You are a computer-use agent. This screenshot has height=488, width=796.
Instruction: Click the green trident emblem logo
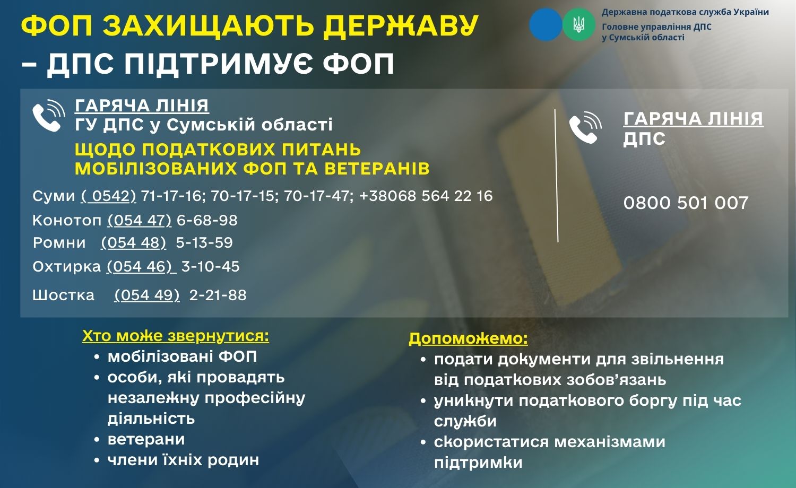[578, 24]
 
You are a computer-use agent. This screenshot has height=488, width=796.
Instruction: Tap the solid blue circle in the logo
[546, 24]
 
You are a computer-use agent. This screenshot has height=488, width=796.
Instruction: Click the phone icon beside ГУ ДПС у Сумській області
[49, 116]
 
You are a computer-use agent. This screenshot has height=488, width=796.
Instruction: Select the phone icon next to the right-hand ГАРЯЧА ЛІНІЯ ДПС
[585, 127]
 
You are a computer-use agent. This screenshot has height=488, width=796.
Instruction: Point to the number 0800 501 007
[686, 203]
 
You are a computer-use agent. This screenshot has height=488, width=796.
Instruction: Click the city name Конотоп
[67, 221]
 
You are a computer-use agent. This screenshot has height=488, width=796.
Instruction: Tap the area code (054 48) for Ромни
[133, 242]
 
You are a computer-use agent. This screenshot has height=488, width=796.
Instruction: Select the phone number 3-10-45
[210, 266]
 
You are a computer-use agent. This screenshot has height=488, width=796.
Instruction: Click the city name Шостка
[63, 295]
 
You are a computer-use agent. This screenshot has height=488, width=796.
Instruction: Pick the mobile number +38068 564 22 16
[426, 196]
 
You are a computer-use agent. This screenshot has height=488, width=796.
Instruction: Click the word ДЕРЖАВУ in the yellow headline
[401, 25]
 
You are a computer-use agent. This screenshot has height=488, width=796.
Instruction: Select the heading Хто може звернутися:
[176, 336]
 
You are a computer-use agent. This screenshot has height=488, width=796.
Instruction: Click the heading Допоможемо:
[468, 338]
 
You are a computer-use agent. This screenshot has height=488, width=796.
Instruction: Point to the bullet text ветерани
[146, 439]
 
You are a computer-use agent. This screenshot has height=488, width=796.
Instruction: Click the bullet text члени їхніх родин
[184, 460]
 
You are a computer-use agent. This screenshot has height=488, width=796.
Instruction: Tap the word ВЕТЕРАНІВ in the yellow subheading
[377, 169]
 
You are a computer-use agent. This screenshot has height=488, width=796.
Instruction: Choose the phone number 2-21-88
[218, 295]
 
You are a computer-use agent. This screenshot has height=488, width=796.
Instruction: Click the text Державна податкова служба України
[686, 12]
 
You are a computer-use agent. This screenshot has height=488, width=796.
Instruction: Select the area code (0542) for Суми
[108, 196]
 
